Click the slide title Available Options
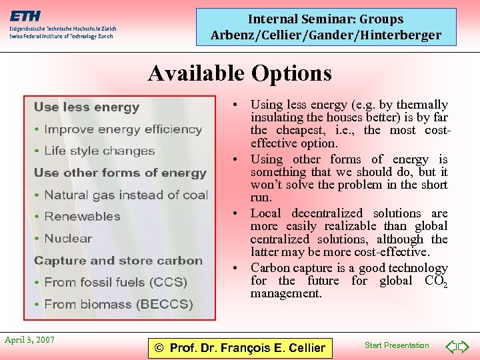pos(239,73)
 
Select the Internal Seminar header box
pos(326,27)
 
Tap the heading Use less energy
pos(87,107)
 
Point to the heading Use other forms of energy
pos(120,173)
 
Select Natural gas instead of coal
pos(126,195)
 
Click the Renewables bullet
pos(82,217)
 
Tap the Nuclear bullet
pos(68,239)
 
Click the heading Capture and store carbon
pos(118,261)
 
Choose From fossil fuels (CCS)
pos(115,282)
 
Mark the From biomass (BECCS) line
pos(118,305)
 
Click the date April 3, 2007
pos(29,340)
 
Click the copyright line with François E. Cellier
pos(239,347)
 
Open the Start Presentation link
pos(397,345)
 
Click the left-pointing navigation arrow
pos(450,347)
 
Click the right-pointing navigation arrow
pos(464,347)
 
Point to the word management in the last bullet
pos(286,293)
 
